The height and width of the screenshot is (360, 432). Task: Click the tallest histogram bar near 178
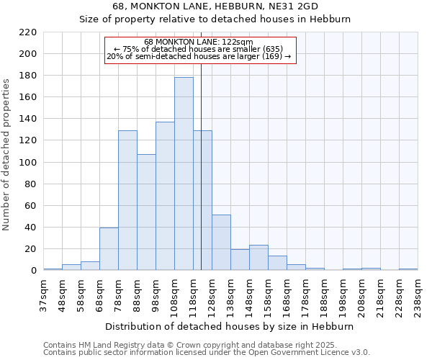click(x=184, y=174)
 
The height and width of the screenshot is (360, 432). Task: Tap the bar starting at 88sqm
click(x=146, y=212)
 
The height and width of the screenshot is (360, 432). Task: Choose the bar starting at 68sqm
click(x=109, y=249)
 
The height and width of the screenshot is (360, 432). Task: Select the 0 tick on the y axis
click(x=32, y=271)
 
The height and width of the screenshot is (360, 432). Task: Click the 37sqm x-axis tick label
click(x=43, y=296)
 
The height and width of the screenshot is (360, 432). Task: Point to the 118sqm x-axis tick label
click(x=193, y=296)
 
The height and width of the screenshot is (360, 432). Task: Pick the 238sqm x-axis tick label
click(x=418, y=296)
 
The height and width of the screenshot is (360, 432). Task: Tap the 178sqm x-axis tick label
click(x=305, y=296)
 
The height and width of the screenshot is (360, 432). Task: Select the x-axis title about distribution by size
click(x=230, y=326)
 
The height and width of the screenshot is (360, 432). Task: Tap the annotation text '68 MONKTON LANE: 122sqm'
click(x=199, y=42)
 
